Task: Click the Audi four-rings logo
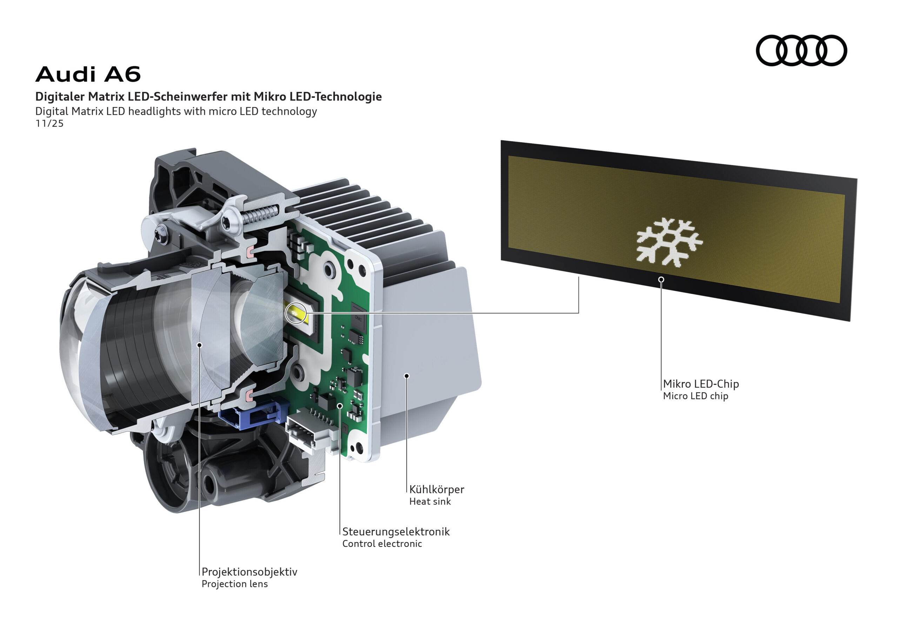point(800,51)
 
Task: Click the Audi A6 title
point(88,74)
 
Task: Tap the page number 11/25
point(49,123)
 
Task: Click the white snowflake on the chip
point(669,242)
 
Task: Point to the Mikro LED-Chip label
point(701,384)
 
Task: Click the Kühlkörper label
point(436,489)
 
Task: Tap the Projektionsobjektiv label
point(249,571)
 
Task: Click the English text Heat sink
point(430,502)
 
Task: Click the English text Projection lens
point(235,584)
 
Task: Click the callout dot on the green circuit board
point(340,406)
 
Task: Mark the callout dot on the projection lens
point(200,345)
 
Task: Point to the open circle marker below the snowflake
point(661,279)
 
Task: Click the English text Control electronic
point(382,544)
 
